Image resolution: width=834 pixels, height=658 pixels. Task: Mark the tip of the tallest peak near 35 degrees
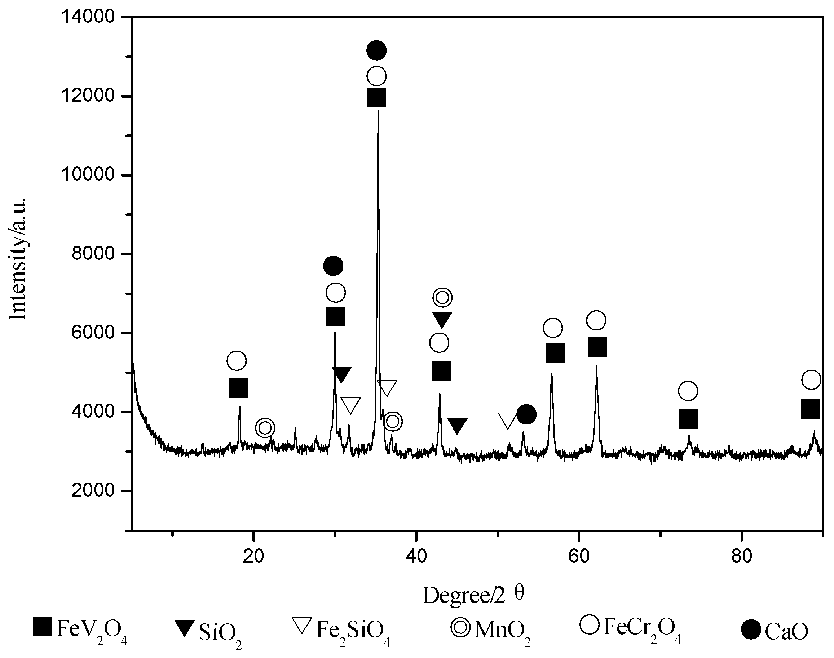378,111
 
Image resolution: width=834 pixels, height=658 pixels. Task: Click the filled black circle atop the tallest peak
376,50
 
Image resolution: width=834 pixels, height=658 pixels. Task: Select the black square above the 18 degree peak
238,388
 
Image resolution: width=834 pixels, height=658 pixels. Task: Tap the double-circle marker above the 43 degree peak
442,297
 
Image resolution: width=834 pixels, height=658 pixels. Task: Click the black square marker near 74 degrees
689,419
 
